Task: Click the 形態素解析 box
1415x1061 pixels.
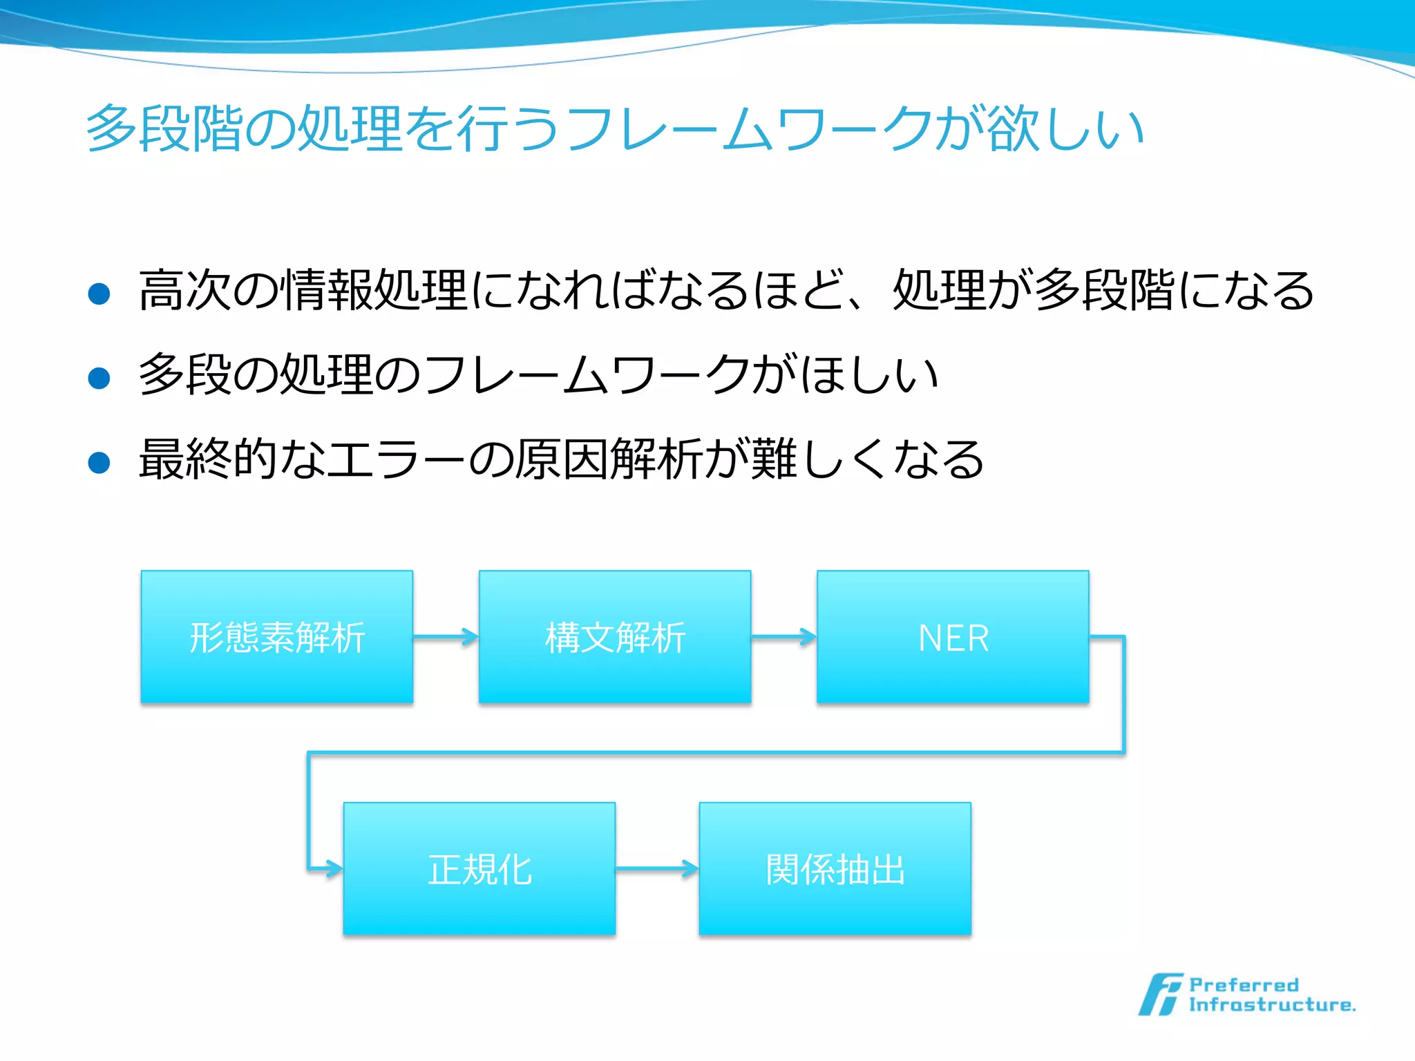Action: click(x=276, y=637)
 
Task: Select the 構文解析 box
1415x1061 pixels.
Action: click(x=615, y=637)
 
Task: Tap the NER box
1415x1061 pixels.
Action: click(x=953, y=637)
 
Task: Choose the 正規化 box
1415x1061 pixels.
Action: click(x=479, y=868)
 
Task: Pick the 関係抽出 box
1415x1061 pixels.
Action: click(x=835, y=868)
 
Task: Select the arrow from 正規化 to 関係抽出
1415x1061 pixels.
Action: click(x=656, y=868)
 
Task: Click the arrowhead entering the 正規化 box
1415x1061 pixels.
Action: click(x=333, y=868)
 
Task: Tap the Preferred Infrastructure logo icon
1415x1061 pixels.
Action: click(x=1160, y=995)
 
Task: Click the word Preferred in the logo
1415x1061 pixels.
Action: click(x=1244, y=985)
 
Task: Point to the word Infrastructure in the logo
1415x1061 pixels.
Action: click(x=1271, y=1005)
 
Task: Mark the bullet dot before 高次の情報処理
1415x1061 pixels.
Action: click(x=99, y=294)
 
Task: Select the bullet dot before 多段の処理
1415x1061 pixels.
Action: click(x=99, y=378)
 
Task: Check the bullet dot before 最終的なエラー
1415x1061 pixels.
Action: click(x=99, y=462)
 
